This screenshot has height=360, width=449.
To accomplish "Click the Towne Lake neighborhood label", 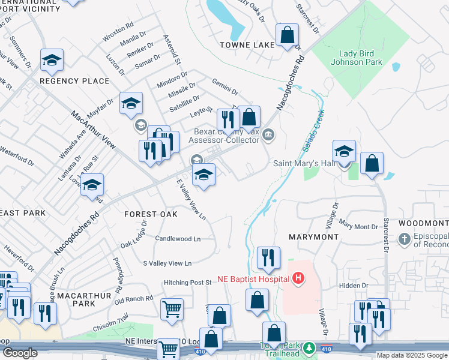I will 247,44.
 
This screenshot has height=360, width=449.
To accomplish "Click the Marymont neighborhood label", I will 313,237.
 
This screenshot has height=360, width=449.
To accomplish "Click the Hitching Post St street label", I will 188,282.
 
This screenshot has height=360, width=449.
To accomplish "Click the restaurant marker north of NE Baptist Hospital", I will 268,257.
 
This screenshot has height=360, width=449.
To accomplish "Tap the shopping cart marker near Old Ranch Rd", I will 172,310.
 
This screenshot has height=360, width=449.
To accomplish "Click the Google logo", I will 20,353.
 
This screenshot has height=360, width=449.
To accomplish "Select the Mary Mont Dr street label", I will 358,227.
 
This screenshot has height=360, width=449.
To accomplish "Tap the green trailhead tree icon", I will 309,348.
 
